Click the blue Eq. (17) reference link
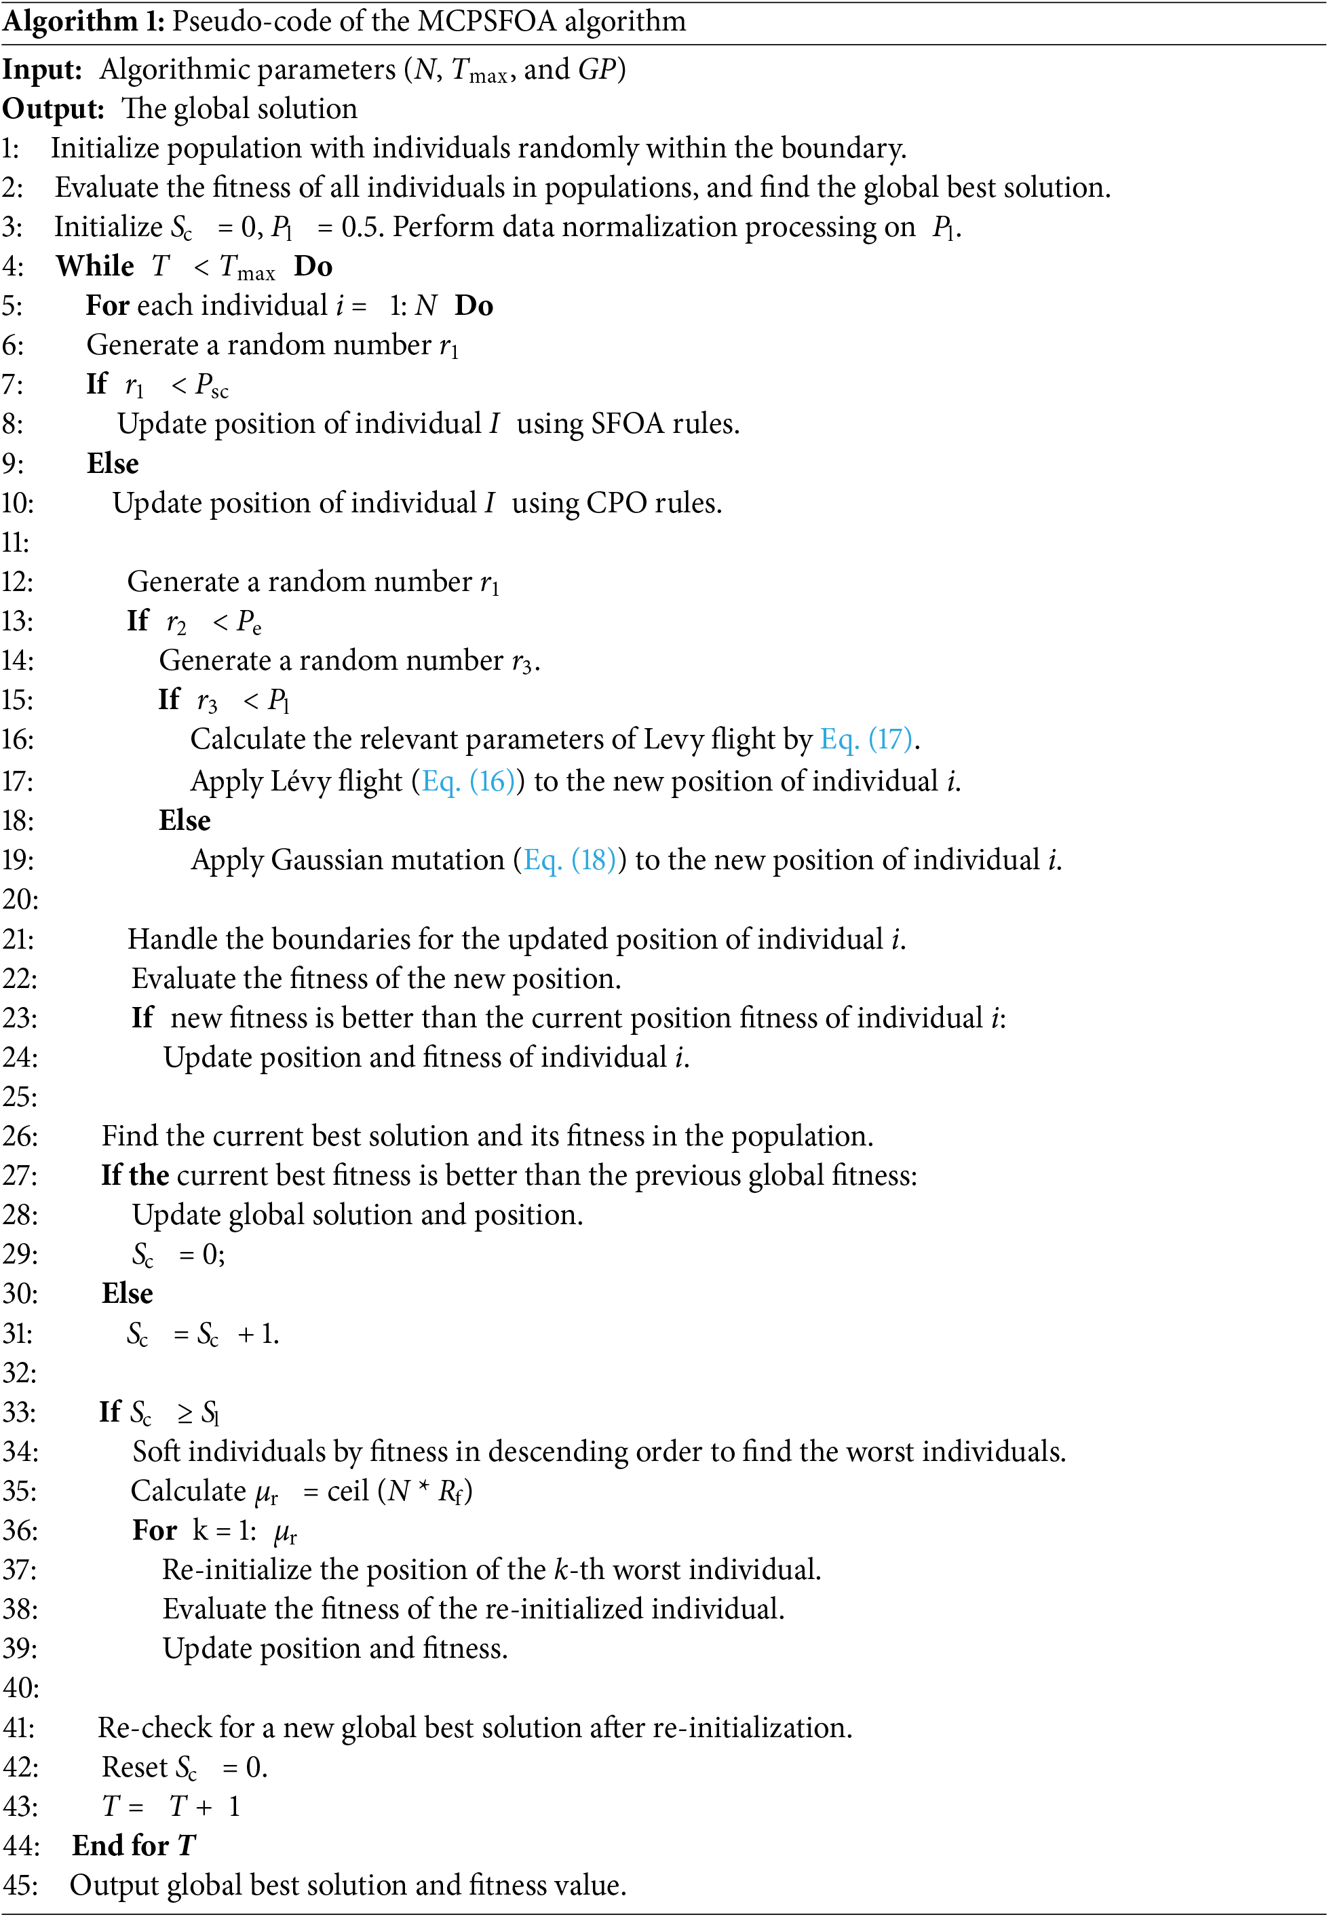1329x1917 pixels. pyautogui.click(x=867, y=739)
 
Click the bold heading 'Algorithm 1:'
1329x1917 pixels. pyautogui.click(x=83, y=21)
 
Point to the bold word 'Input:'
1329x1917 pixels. pyautogui.click(x=41, y=70)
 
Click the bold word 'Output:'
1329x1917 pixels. pyautogui.click(x=52, y=109)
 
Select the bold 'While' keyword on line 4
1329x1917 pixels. pyautogui.click(x=94, y=267)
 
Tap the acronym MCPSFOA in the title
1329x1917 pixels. pyautogui.click(x=486, y=21)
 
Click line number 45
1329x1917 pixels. pyautogui.click(x=20, y=1885)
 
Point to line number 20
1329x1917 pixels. pyautogui.click(x=20, y=899)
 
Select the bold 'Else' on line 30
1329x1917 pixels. pyautogui.click(x=128, y=1293)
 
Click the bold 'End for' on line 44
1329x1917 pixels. pyautogui.click(x=120, y=1845)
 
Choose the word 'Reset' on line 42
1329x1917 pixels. pyautogui.click(x=134, y=1766)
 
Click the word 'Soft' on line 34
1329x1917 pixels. pyautogui.click(x=158, y=1451)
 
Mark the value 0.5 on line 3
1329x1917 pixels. pyautogui.click(x=362, y=227)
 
